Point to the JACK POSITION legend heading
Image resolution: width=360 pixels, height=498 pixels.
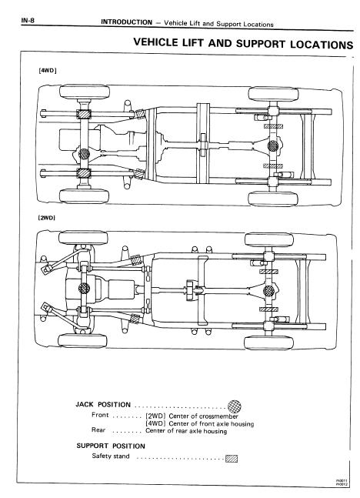point(104,404)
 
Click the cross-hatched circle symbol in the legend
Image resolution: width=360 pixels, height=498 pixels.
point(235,406)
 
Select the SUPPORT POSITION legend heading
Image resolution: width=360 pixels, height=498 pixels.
point(111,446)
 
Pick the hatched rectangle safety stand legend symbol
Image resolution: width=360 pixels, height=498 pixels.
point(232,458)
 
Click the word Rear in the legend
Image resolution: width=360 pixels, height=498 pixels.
point(98,430)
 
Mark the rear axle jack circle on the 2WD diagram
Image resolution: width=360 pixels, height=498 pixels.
point(269,292)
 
